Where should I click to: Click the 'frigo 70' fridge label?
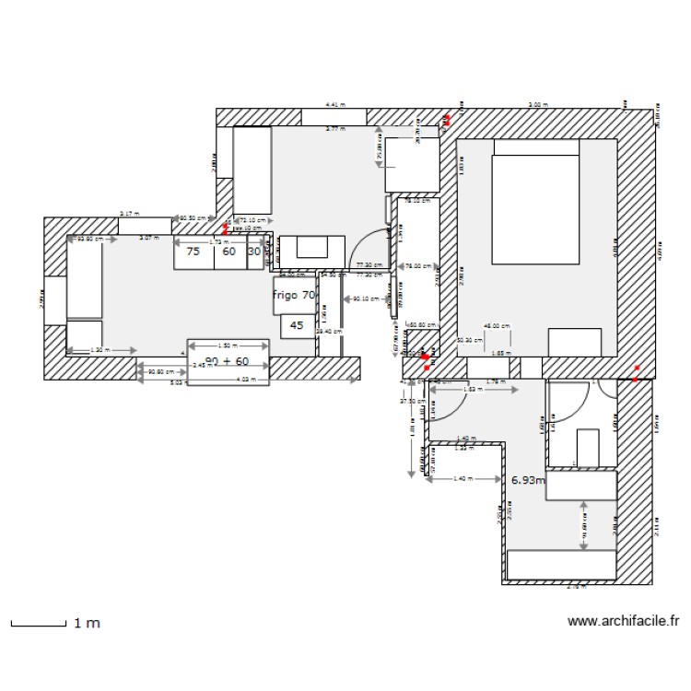point(294,296)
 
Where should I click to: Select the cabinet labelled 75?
point(193,251)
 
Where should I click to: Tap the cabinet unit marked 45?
point(297,325)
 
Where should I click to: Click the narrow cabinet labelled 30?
point(254,251)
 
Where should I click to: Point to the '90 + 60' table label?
point(228,361)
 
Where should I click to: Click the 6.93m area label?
point(527,480)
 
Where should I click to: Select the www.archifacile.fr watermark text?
point(623,622)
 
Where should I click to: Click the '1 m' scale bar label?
point(87,624)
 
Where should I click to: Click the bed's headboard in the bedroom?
point(536,147)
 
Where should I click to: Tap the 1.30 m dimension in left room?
point(101,350)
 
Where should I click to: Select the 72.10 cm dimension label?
point(253,220)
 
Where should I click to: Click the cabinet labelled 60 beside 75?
point(228,251)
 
